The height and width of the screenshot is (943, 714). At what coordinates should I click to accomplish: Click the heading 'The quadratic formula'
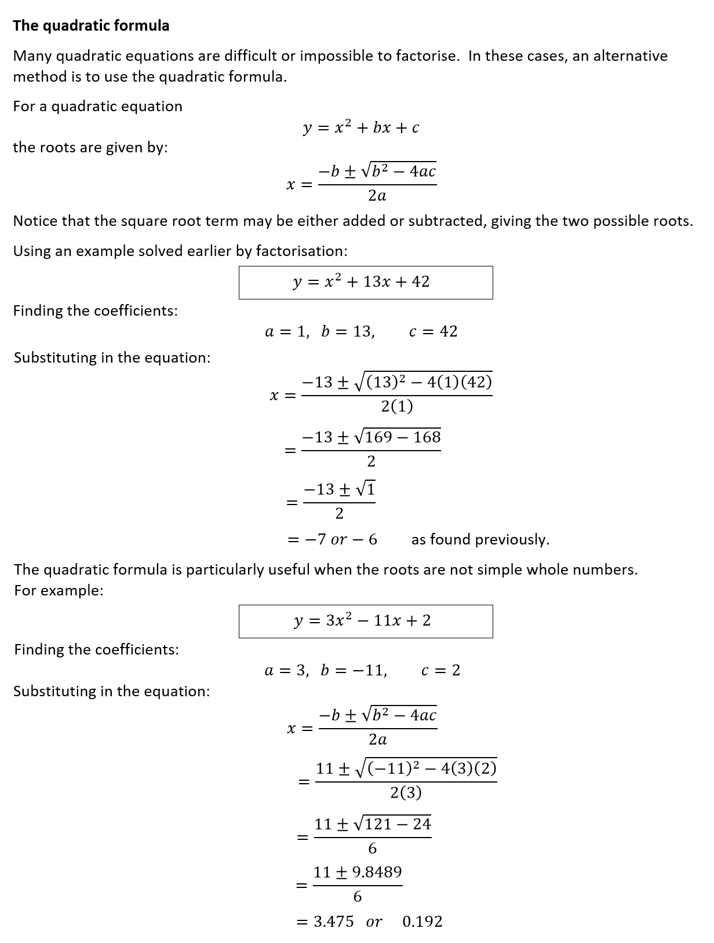pyautogui.click(x=91, y=25)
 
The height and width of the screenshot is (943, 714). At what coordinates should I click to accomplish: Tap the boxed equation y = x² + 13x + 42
pyautogui.click(x=365, y=282)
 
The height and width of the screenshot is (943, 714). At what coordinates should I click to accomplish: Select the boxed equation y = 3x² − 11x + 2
pyautogui.click(x=365, y=621)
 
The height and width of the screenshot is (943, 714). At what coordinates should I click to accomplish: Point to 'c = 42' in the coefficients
pyautogui.click(x=433, y=331)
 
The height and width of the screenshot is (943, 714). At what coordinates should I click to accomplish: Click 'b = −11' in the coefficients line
pyautogui.click(x=354, y=670)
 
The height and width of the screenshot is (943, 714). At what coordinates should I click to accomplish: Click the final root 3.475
pyautogui.click(x=334, y=921)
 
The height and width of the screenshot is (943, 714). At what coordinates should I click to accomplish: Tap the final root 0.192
pyautogui.click(x=422, y=921)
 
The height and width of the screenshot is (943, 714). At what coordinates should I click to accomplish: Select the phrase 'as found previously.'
pyautogui.click(x=480, y=539)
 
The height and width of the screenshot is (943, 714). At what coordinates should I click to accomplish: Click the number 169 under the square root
pyautogui.click(x=378, y=437)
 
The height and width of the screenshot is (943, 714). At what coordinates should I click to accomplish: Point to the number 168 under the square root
pyautogui.click(x=427, y=437)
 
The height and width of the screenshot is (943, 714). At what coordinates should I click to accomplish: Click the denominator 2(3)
pyautogui.click(x=406, y=792)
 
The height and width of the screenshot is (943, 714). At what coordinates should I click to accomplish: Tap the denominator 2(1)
pyautogui.click(x=397, y=407)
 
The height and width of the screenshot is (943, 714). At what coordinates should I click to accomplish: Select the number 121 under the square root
pyautogui.click(x=379, y=824)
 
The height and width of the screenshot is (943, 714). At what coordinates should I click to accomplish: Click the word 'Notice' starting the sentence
pyautogui.click(x=35, y=221)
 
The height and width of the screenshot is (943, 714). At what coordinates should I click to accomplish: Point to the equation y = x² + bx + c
pyautogui.click(x=361, y=127)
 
